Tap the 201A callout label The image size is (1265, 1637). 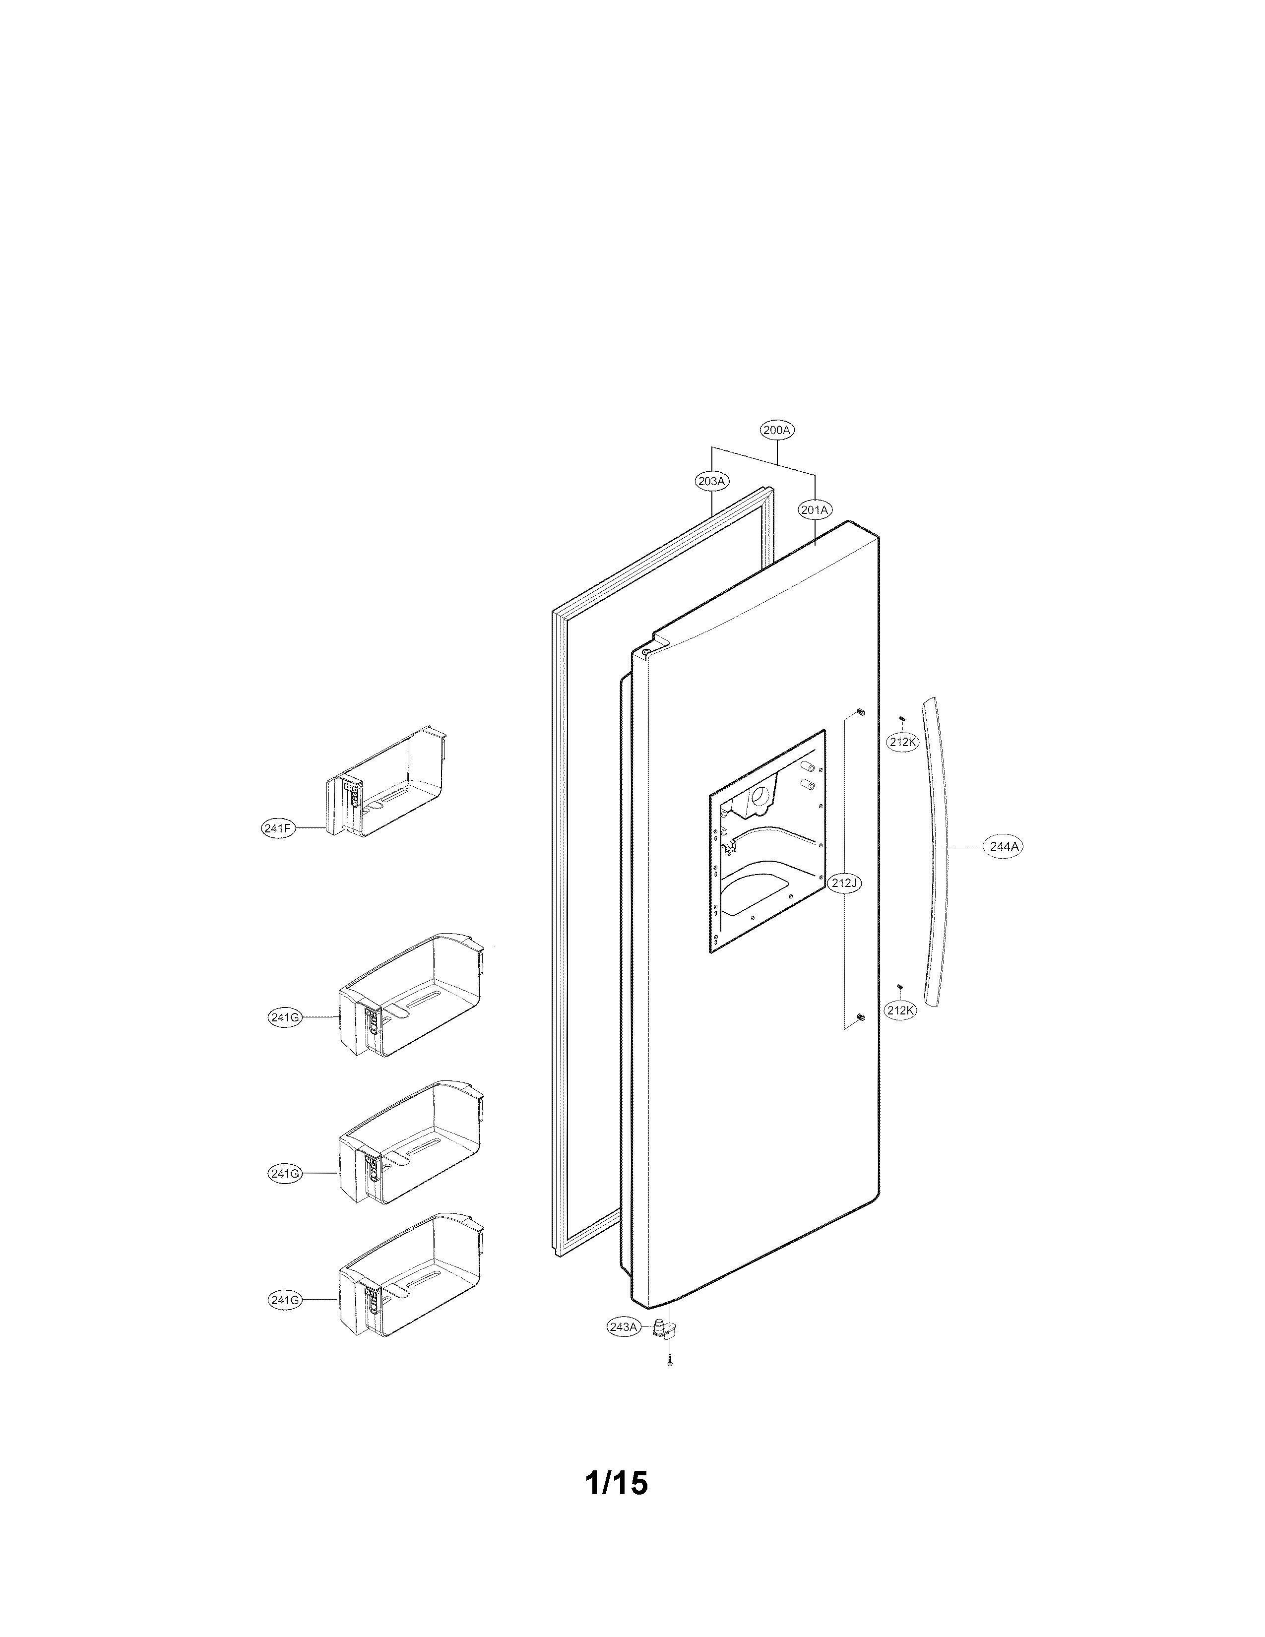[815, 509]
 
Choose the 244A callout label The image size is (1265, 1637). [1004, 847]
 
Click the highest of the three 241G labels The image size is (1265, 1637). [285, 1018]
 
